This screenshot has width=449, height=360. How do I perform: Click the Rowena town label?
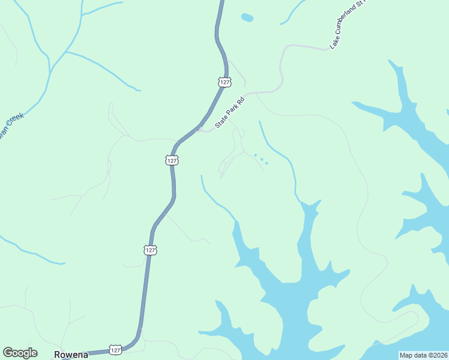[x=71, y=354]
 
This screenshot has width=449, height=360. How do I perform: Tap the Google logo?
[x=20, y=353]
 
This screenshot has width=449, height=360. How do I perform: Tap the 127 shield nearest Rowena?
[x=116, y=349]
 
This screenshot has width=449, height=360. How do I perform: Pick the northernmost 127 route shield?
[x=224, y=82]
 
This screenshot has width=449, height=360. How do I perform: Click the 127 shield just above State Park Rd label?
[x=224, y=82]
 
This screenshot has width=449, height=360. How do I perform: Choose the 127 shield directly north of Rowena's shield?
[x=150, y=250]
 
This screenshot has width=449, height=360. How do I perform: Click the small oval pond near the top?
[x=247, y=17]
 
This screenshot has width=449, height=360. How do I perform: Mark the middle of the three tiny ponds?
[x=261, y=160]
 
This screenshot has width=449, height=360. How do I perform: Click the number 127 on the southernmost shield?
[x=116, y=349]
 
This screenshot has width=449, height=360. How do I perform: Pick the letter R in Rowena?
[x=58, y=354]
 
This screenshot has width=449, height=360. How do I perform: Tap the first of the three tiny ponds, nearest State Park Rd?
[x=255, y=155]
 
